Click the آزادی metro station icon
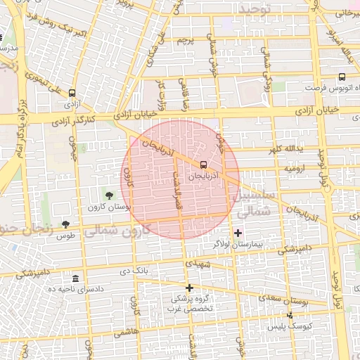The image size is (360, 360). [72, 93]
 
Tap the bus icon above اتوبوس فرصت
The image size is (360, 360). [342, 77]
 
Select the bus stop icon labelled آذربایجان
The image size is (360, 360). [204, 164]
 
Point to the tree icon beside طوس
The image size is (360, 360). [65, 224]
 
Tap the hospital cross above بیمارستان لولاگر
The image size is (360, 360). [238, 233]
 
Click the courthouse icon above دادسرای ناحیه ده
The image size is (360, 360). [75, 278]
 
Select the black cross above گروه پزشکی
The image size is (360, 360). [189, 288]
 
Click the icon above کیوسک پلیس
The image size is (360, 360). [290, 316]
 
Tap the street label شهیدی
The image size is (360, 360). [197, 263]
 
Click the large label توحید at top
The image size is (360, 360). [254, 8]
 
